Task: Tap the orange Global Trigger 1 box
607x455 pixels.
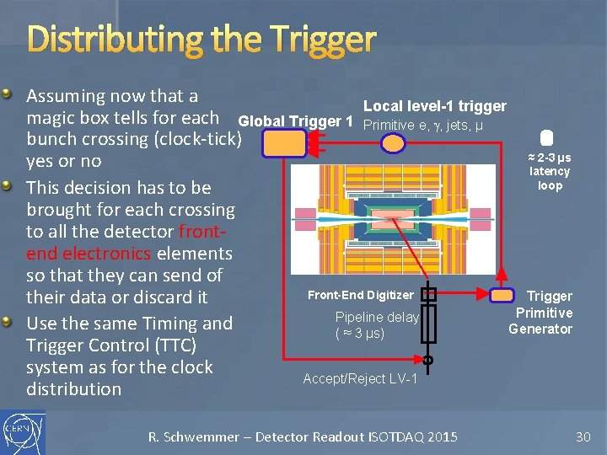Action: (283, 144)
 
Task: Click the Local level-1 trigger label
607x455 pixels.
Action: (434, 106)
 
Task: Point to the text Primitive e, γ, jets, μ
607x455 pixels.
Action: (422, 126)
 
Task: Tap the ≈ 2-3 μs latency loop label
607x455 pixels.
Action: (550, 172)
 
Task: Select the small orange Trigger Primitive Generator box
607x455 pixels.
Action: (502, 295)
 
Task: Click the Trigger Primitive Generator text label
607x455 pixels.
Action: (549, 313)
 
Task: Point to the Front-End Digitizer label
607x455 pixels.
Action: (361, 295)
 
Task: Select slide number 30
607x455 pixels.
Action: (583, 436)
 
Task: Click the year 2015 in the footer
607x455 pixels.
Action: (442, 436)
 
